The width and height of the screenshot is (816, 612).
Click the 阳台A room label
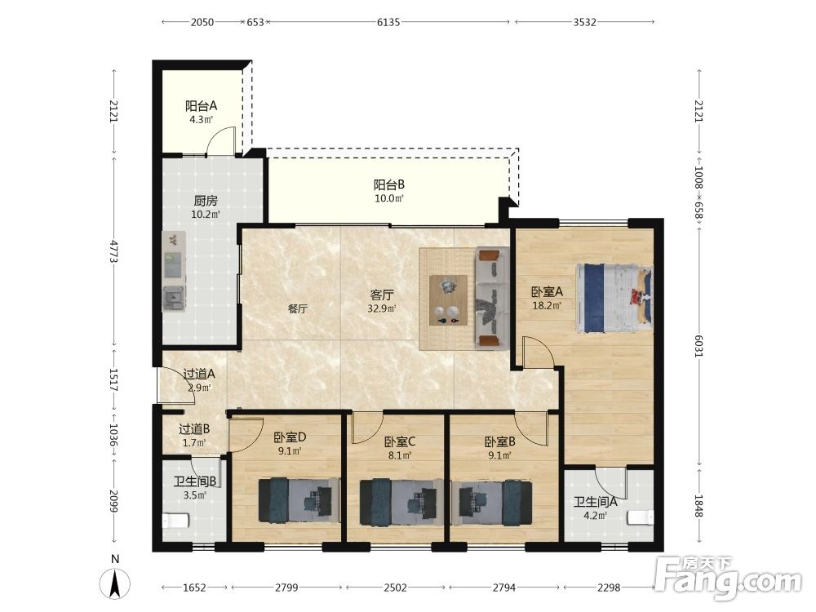(201, 106)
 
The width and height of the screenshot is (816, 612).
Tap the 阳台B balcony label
(388, 184)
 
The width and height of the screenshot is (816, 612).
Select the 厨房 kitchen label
(206, 201)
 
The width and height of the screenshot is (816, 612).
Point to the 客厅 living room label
(381, 295)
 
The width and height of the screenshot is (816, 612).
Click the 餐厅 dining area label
(298, 308)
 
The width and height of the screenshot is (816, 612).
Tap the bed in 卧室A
(614, 298)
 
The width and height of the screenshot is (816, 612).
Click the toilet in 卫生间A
(641, 518)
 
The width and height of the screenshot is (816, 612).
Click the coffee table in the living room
(448, 300)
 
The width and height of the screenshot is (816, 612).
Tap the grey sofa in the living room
(492, 298)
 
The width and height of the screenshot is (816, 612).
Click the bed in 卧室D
(299, 500)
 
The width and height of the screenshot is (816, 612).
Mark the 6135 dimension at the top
(388, 22)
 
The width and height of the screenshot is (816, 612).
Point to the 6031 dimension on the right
(698, 344)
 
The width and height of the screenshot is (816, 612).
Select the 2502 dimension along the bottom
(396, 588)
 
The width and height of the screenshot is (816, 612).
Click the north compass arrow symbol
(115, 583)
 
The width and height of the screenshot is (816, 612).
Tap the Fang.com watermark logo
(729, 578)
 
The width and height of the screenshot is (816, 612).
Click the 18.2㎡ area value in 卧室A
(547, 305)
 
